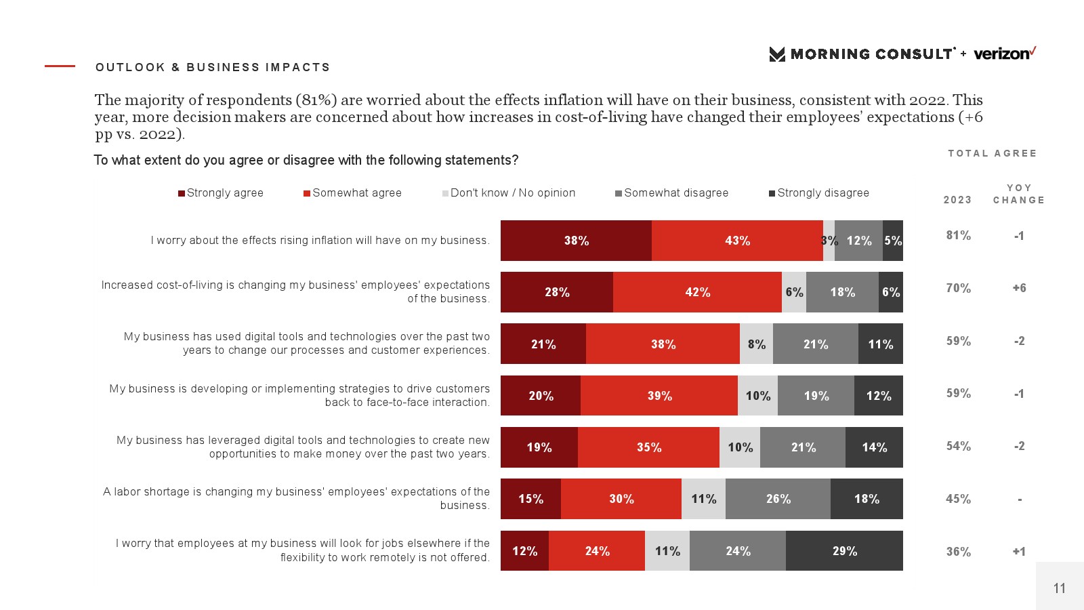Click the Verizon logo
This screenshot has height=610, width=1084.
(x=1005, y=54)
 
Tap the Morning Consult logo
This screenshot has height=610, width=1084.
(x=862, y=54)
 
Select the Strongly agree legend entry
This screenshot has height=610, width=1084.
(x=221, y=193)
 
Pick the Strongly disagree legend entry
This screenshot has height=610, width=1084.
(x=819, y=193)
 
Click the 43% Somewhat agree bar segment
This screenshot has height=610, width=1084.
(x=737, y=241)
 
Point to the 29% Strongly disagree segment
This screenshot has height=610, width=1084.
(x=844, y=551)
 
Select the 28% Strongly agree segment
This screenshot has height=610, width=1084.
(x=557, y=292)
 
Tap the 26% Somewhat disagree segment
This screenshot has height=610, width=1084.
(x=778, y=499)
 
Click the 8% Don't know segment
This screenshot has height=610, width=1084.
(x=756, y=344)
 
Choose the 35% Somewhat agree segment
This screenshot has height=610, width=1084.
(x=648, y=447)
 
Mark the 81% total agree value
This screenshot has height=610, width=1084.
(x=958, y=236)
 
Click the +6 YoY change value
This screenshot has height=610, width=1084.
(x=1019, y=288)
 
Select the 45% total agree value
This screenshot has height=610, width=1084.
(x=958, y=500)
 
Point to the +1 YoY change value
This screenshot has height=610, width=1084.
(x=1019, y=552)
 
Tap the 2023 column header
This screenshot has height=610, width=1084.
(x=957, y=200)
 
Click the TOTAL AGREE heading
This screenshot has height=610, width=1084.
(x=992, y=154)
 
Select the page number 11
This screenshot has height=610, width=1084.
(x=1060, y=588)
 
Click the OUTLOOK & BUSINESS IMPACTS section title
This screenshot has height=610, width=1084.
(x=213, y=67)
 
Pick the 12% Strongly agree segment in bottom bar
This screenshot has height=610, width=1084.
(x=524, y=551)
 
